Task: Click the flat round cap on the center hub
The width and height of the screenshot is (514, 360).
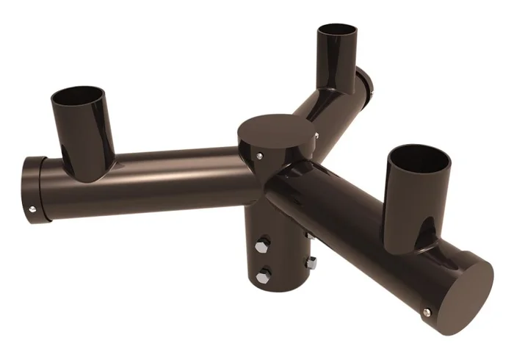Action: pos(277,130)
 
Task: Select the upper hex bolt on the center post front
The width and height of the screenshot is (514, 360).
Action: pos(263,242)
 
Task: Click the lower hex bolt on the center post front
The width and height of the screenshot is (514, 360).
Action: pos(264,276)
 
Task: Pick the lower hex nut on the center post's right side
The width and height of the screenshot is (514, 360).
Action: pos(311,262)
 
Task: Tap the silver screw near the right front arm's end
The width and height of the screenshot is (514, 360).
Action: pos(427,312)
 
